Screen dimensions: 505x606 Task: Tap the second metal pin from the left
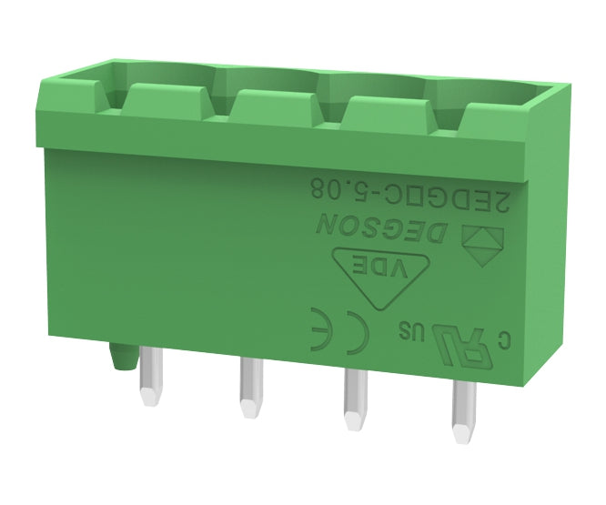point(248,386)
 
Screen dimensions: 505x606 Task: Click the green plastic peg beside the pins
point(119,357)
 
